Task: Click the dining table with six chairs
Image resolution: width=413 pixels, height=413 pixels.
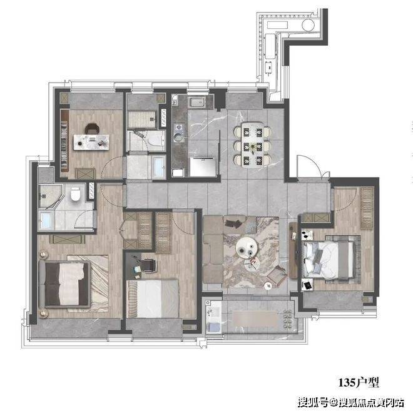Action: pos(253,145)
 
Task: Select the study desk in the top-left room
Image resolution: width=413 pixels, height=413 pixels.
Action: pos(91,142)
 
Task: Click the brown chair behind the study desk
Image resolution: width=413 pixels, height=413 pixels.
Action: pos(92,128)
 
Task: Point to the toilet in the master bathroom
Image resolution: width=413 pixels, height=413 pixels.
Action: pos(75,195)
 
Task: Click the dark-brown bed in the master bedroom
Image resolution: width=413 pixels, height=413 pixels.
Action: pos(65,284)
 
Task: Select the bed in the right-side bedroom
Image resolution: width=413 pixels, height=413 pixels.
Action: pos(329,260)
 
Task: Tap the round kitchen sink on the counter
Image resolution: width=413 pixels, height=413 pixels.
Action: pos(178,137)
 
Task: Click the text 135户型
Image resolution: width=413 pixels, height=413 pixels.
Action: pos(359,382)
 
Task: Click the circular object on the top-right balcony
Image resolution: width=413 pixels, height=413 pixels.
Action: pos(308,25)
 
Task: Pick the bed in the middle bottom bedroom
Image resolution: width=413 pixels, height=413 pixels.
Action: pos(153,298)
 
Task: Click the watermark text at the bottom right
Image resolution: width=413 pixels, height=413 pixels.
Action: pos(351,403)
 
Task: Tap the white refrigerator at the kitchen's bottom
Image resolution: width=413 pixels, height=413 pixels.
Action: pos(203,167)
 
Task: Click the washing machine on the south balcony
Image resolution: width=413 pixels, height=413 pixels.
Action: pos(213,327)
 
